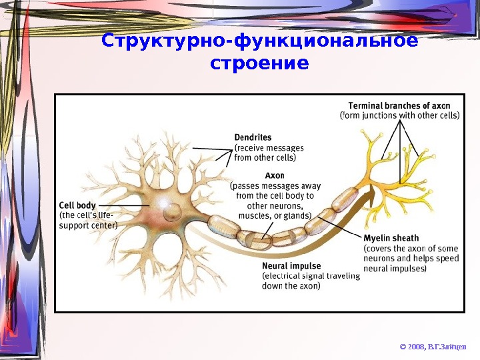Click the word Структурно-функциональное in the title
(x=259, y=42)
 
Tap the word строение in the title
(x=259, y=65)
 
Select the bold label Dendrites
(x=253, y=138)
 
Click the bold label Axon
(x=275, y=176)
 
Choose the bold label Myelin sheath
(x=391, y=238)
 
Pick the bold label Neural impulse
(x=291, y=266)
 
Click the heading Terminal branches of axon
(x=399, y=105)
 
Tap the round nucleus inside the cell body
(x=173, y=213)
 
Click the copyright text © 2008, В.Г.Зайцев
(x=433, y=347)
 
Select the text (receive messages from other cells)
(x=269, y=153)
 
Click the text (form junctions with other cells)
(x=399, y=115)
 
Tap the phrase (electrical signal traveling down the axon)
(x=311, y=281)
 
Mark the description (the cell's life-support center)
(x=88, y=220)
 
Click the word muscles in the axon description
(x=255, y=215)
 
